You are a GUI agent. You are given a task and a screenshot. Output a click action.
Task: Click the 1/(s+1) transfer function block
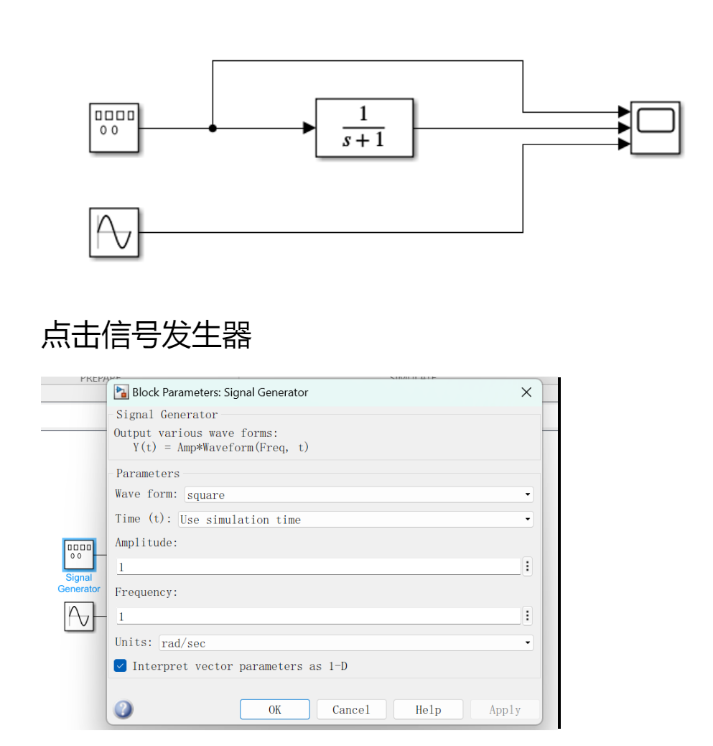(x=364, y=128)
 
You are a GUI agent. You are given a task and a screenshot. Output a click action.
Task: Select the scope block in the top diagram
(x=655, y=128)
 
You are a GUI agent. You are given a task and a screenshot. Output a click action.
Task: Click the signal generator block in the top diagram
(x=113, y=128)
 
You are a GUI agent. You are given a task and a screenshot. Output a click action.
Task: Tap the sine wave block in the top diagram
(x=113, y=232)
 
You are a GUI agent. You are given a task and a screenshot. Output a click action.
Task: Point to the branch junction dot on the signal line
(x=213, y=129)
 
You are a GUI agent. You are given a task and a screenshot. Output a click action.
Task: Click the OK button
(x=274, y=709)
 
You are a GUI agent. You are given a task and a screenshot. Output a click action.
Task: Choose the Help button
(x=428, y=709)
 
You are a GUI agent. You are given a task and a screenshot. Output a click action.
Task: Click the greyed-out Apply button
(x=505, y=709)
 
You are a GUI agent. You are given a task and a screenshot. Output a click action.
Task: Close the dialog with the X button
(x=526, y=392)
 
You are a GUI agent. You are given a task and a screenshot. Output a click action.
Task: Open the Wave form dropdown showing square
(x=358, y=494)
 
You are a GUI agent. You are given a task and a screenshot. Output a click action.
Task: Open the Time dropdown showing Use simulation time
(x=355, y=520)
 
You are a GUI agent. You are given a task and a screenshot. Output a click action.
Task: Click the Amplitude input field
(x=318, y=567)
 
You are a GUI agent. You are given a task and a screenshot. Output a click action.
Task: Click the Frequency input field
(x=318, y=616)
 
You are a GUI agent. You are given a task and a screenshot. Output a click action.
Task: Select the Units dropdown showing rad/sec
(x=345, y=643)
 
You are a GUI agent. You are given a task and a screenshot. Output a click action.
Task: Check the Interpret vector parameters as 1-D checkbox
(x=121, y=666)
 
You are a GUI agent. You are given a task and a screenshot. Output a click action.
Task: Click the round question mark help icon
(x=124, y=709)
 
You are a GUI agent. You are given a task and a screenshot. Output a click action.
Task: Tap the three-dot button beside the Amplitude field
(x=527, y=566)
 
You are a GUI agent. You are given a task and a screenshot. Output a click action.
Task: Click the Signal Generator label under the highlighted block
(x=79, y=583)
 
